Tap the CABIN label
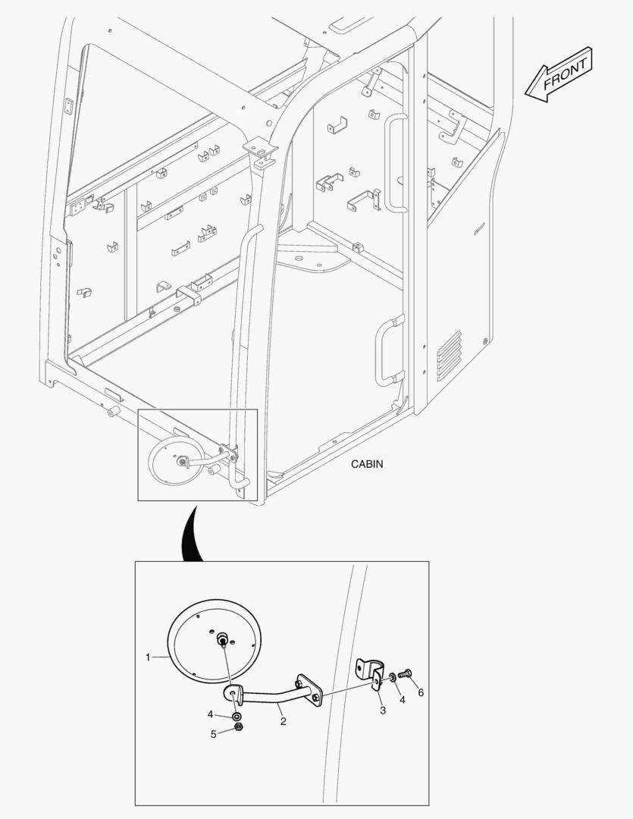367,464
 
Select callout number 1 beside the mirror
148,657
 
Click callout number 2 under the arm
283,721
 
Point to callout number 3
383,711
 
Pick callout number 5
213,734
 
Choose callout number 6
421,692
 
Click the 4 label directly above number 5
210,714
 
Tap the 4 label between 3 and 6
402,700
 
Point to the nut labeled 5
238,728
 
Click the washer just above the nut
237,715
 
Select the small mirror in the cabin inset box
171,460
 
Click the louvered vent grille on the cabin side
448,355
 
